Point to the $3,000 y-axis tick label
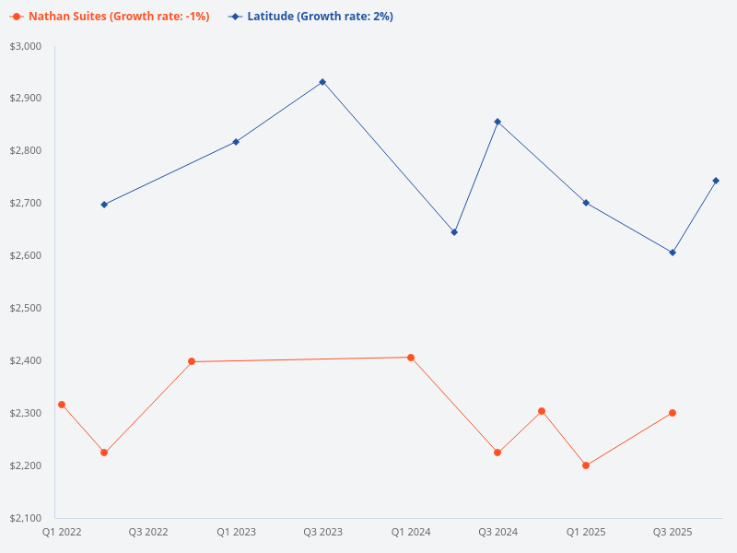(26, 46)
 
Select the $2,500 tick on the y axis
(26, 308)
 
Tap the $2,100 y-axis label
(26, 518)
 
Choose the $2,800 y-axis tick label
(26, 150)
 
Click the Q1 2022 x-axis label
(62, 533)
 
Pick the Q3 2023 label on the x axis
(322, 533)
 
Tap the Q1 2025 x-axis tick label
(586, 533)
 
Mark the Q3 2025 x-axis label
(673, 533)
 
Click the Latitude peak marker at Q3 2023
(322, 82)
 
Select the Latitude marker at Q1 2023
(236, 142)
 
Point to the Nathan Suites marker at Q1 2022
(62, 405)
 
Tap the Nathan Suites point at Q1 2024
(411, 358)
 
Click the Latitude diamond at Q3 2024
(497, 122)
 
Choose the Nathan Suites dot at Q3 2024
(497, 453)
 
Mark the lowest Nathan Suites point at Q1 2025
(586, 465)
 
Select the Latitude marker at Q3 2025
(673, 253)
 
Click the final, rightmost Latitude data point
(716, 181)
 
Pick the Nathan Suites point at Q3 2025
(673, 413)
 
